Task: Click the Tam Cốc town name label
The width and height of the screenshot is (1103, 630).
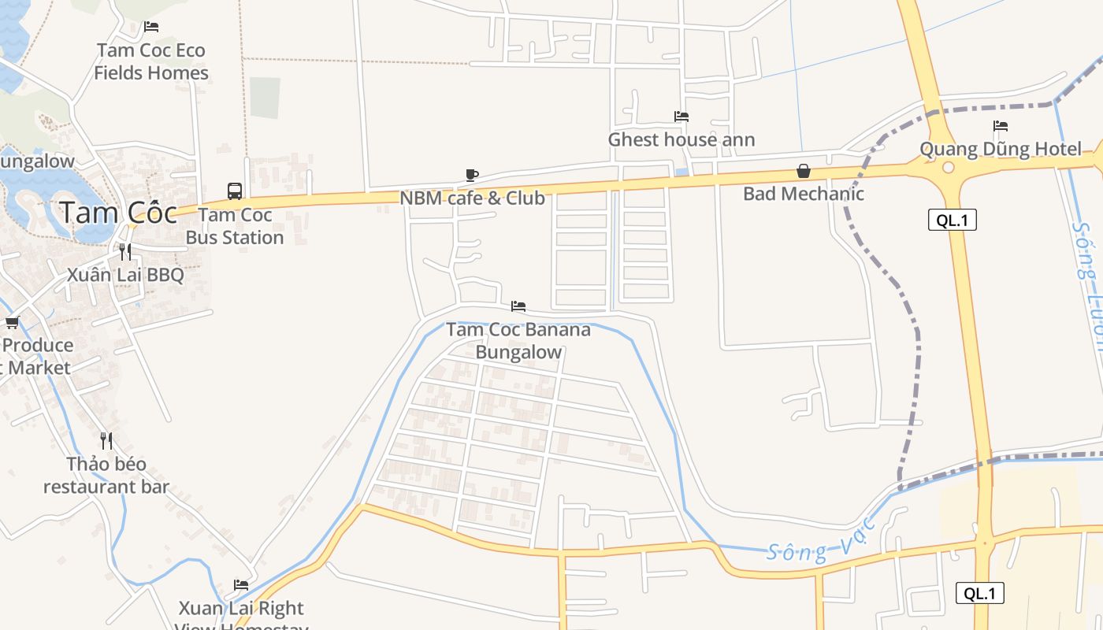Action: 118,212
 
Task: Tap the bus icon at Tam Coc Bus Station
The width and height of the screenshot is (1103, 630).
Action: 235,191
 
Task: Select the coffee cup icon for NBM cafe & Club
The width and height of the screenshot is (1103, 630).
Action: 472,175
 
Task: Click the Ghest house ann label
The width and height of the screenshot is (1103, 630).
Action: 681,140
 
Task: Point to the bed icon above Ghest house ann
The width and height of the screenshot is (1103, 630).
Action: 681,117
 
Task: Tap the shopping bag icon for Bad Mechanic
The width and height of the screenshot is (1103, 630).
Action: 804,171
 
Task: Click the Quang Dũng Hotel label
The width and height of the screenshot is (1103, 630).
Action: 1001,149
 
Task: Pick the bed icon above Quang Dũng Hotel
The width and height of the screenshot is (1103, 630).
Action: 1001,126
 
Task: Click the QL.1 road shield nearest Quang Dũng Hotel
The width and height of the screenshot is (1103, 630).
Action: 952,220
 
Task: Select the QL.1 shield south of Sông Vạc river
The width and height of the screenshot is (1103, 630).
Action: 979,594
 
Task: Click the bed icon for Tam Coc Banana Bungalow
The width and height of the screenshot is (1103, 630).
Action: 518,306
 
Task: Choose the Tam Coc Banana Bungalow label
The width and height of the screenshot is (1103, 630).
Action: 518,340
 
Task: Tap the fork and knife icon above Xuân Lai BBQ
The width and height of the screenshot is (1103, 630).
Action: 125,252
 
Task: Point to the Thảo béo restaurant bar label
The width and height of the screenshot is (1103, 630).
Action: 106,476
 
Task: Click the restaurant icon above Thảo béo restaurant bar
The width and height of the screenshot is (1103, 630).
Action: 106,441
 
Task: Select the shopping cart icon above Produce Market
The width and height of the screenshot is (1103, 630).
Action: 12,322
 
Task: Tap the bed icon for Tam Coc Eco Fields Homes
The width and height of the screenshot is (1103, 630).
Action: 150,27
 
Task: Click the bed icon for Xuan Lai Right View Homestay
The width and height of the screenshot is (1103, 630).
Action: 241,585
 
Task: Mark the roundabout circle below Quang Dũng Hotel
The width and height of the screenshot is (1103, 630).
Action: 948,168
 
